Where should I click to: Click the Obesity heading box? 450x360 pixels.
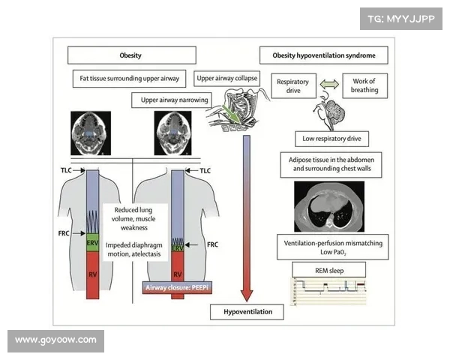[x=131, y=55]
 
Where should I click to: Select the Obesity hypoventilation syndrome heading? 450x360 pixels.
[x=324, y=55]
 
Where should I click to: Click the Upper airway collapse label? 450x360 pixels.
[x=226, y=78]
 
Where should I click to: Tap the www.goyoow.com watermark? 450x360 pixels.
[x=55, y=340]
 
